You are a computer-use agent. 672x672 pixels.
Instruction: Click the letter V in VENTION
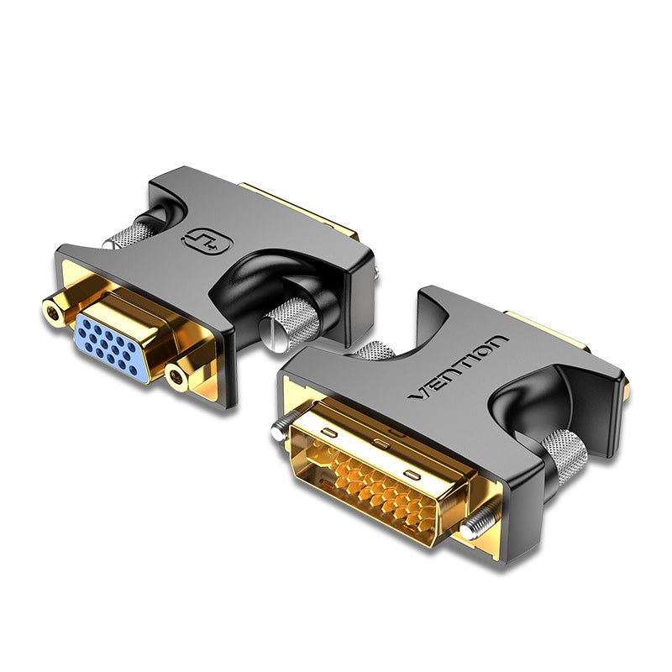point(417,395)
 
